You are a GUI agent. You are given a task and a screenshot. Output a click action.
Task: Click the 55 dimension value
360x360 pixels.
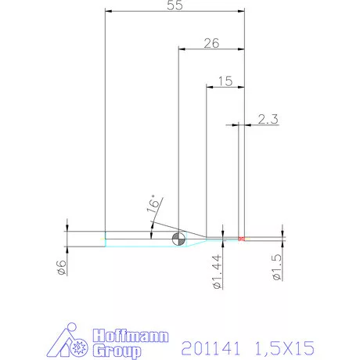pyautogui.click(x=175, y=5)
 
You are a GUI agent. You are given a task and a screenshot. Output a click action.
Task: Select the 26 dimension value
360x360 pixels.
pyautogui.click(x=211, y=43)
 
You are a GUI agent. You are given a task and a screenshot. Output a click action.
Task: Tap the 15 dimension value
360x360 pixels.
pyautogui.click(x=225, y=81)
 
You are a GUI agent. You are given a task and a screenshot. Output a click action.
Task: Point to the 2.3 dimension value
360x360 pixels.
pyautogui.click(x=268, y=119)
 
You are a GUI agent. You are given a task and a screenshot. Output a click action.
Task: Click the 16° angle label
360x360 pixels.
pyautogui.click(x=153, y=203)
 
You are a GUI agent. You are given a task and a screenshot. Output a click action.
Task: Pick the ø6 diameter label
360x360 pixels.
pyautogui.click(x=62, y=268)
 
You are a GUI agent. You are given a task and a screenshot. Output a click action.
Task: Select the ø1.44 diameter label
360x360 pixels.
pyautogui.click(x=218, y=272)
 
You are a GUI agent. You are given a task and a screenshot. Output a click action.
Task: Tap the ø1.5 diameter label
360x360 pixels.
pyautogui.click(x=277, y=267)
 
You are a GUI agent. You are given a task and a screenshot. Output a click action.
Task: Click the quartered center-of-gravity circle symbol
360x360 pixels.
pyautogui.click(x=179, y=239)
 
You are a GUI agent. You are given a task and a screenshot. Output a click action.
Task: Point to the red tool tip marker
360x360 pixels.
pyautogui.click(x=242, y=239)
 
